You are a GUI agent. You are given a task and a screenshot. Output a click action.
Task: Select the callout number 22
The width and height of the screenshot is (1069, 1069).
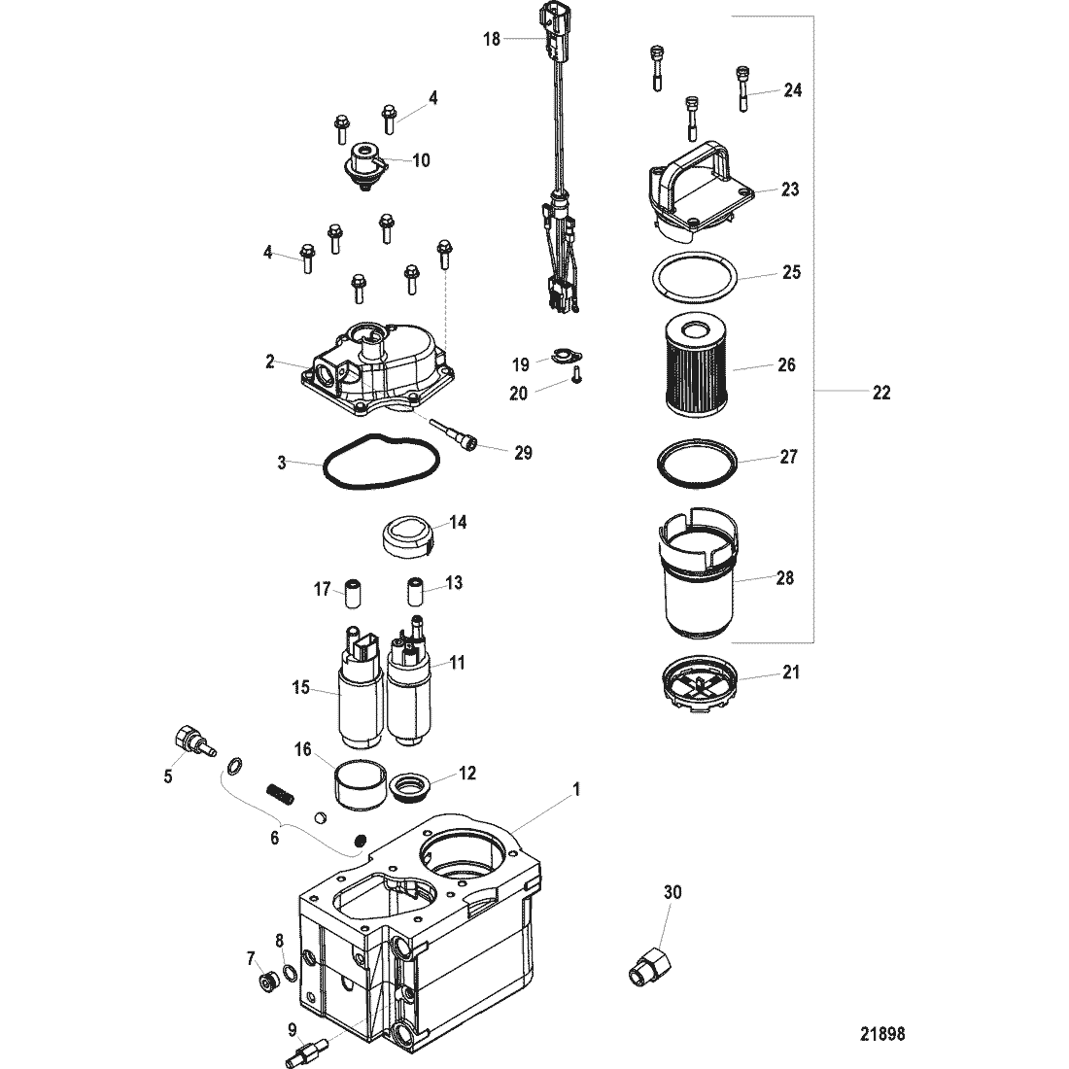pyautogui.click(x=880, y=393)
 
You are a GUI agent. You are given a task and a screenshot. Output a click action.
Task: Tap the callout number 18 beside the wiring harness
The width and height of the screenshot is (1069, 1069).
pyautogui.click(x=492, y=39)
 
